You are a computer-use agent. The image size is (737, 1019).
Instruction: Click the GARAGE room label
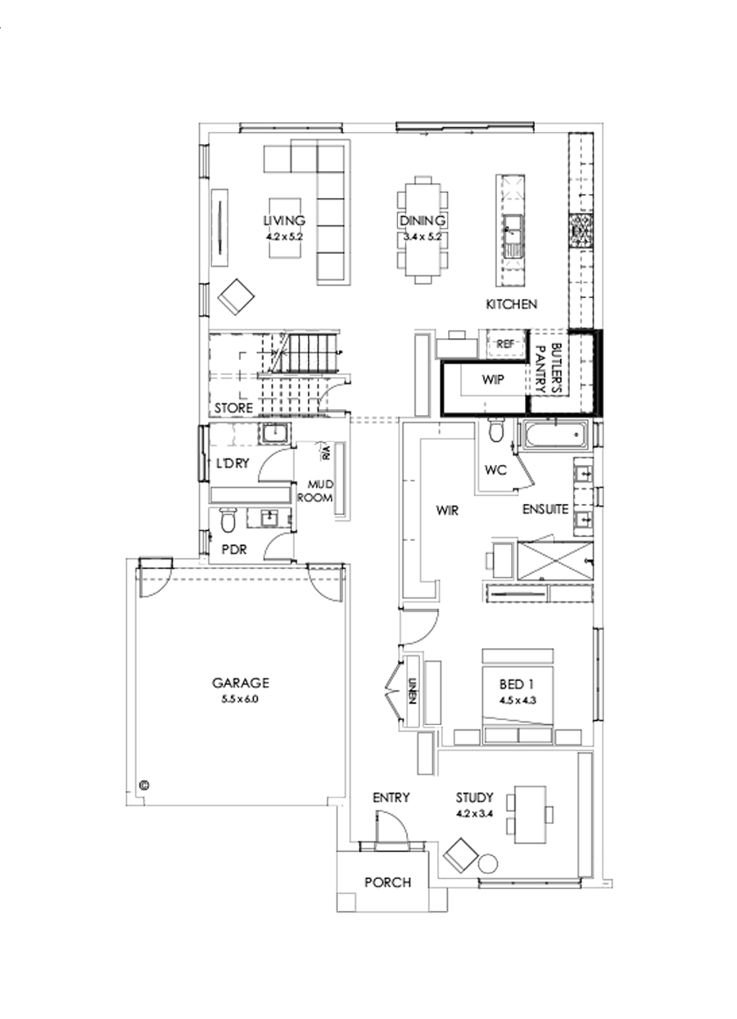(x=241, y=682)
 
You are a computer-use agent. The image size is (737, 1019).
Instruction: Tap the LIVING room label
(x=284, y=220)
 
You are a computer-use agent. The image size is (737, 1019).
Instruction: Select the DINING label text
(x=422, y=221)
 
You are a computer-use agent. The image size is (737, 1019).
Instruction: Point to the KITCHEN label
(x=512, y=304)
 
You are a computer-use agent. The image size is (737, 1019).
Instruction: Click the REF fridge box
(x=505, y=344)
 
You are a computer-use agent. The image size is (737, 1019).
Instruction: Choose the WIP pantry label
(x=491, y=380)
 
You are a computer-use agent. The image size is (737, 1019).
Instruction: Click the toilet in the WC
(x=495, y=430)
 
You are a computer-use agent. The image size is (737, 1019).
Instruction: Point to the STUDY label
(x=475, y=797)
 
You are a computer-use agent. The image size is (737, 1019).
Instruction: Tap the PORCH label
(x=387, y=882)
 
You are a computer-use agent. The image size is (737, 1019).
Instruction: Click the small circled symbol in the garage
(x=145, y=783)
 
